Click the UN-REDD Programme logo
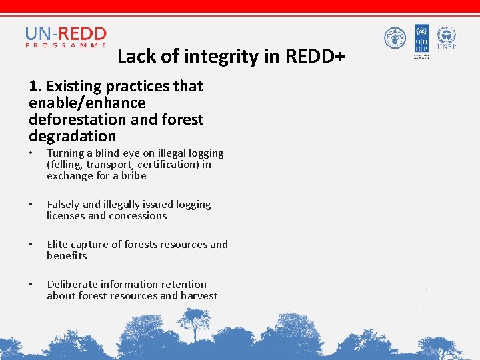66,37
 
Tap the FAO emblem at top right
395,38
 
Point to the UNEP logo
446,38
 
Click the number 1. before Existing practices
35,86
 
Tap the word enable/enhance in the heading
87,103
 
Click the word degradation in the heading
72,137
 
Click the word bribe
133,176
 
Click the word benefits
67,256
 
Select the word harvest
199,296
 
